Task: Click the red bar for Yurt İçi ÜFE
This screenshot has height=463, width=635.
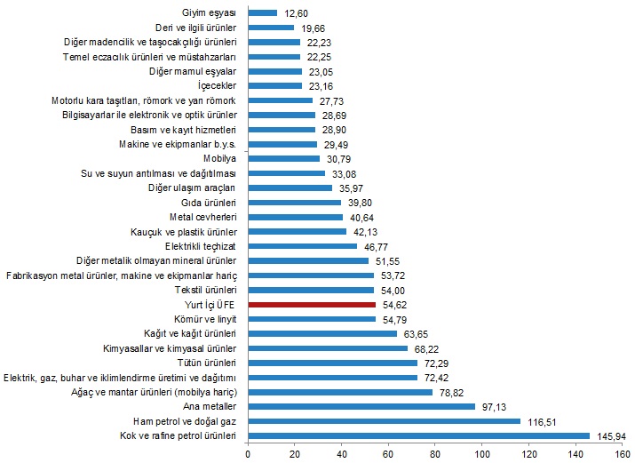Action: point(313,304)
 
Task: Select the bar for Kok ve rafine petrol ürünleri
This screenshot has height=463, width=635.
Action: point(419,435)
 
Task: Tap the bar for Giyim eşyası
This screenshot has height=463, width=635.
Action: point(263,13)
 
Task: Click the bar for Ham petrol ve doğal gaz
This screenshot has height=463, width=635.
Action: point(385,421)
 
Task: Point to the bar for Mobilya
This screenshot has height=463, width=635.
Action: point(284,158)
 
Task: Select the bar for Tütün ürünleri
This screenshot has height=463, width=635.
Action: point(333,363)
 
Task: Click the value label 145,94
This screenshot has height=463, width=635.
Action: point(611,435)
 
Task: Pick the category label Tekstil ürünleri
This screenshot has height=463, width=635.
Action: point(205,290)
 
